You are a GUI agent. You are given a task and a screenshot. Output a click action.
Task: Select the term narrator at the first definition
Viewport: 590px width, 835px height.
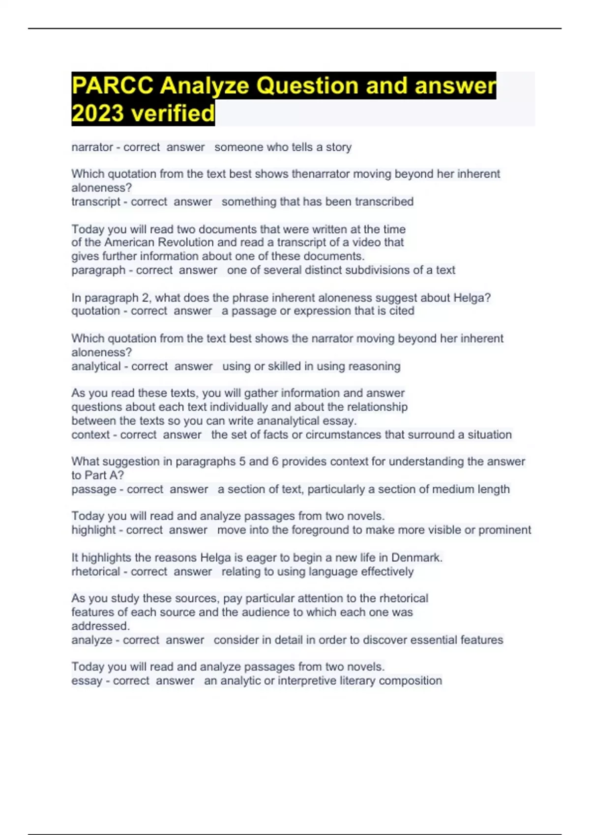click(x=92, y=147)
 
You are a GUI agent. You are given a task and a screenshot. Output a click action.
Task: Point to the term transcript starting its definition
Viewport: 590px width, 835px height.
click(x=96, y=202)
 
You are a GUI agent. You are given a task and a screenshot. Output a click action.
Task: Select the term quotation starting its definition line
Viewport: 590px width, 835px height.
click(x=96, y=311)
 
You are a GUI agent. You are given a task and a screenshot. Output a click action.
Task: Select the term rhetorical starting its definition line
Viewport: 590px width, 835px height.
click(x=95, y=572)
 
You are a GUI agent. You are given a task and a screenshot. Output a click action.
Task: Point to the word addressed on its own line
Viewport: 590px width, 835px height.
click(x=100, y=626)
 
